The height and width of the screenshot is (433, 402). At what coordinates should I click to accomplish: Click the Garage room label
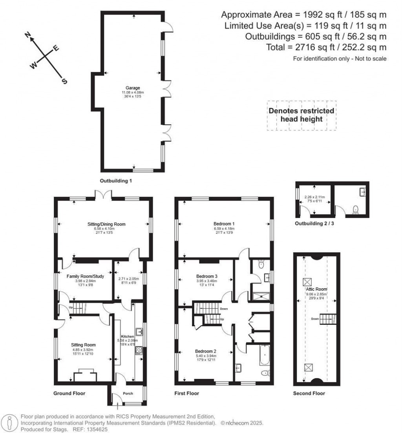(x=130, y=88)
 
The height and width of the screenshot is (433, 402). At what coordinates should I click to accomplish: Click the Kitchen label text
(x=127, y=337)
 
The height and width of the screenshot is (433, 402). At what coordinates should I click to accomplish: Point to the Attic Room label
(x=316, y=289)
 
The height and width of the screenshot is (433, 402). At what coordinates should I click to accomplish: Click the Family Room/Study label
(x=85, y=277)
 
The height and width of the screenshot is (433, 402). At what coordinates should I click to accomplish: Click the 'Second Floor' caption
(x=309, y=393)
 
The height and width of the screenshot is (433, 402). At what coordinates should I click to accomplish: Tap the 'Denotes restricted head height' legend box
(x=301, y=115)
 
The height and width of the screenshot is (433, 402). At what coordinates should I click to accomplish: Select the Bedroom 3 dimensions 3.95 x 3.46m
(x=206, y=281)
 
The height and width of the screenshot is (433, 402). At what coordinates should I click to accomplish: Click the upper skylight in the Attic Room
(x=307, y=282)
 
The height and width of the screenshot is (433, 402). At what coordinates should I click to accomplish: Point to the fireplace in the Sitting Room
(x=85, y=375)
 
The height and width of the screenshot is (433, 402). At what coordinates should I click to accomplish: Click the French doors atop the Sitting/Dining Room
(x=103, y=194)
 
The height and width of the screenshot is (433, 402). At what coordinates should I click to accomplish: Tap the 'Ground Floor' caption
(x=69, y=393)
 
